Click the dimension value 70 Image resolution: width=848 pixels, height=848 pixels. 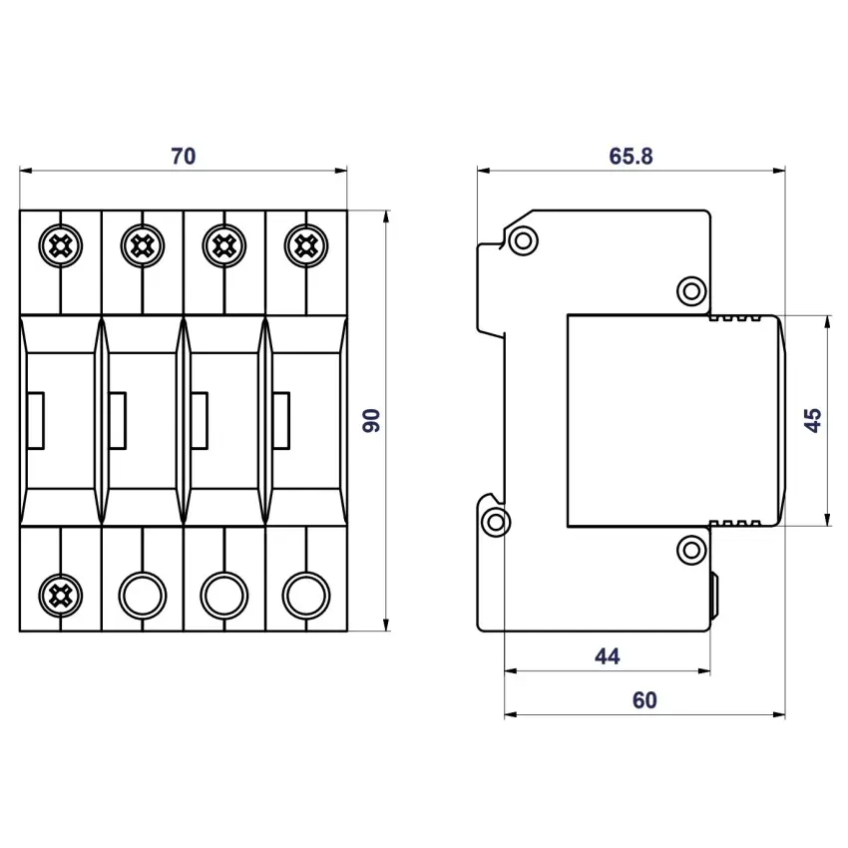pyautogui.click(x=183, y=156)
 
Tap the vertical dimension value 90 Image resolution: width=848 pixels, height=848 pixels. pyautogui.click(x=372, y=419)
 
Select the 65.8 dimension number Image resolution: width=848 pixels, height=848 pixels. pyautogui.click(x=631, y=156)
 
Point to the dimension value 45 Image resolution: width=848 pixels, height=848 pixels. pyautogui.click(x=813, y=419)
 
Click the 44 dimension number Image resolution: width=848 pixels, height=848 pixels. pyautogui.click(x=607, y=655)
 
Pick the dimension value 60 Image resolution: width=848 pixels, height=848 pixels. pyautogui.click(x=644, y=700)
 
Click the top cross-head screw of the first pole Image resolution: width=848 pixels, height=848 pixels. pyautogui.click(x=61, y=242)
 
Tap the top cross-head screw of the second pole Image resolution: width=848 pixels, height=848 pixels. pyautogui.click(x=142, y=242)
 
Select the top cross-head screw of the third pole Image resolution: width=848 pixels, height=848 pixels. pyautogui.click(x=222, y=242)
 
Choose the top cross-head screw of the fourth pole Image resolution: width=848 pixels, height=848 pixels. pyautogui.click(x=303, y=242)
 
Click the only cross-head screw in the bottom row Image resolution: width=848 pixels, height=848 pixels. pyautogui.click(x=61, y=596)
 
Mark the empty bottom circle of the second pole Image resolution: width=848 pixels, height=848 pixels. pyautogui.click(x=142, y=596)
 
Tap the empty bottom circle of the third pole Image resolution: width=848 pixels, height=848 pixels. pyautogui.click(x=222, y=596)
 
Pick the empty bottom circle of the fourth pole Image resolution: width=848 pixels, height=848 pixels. pyautogui.click(x=303, y=596)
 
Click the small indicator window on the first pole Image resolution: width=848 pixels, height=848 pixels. pyautogui.click(x=36, y=419)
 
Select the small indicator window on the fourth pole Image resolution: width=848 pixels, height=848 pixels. pyautogui.click(x=281, y=419)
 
